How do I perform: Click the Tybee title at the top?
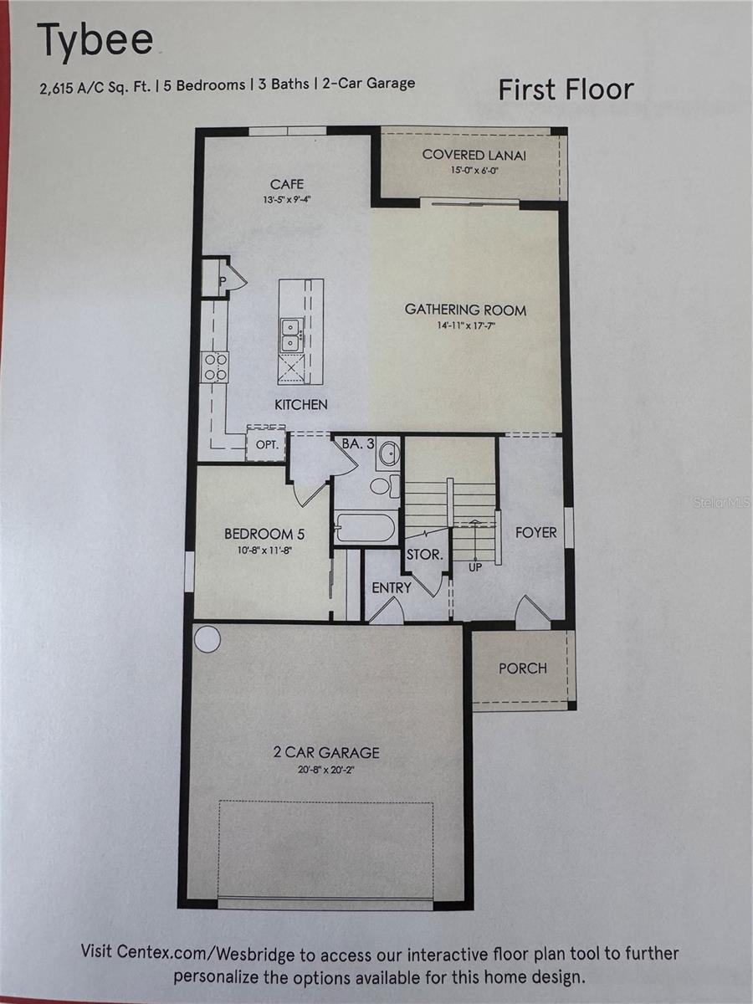click(x=95, y=43)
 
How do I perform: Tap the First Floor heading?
click(x=566, y=90)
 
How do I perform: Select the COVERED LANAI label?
click(x=474, y=155)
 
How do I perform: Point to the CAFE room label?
click(x=287, y=184)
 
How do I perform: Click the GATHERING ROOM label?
click(x=465, y=310)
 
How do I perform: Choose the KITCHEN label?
click(x=301, y=404)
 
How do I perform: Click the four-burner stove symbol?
click(x=215, y=367)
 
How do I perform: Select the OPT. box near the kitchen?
click(x=266, y=445)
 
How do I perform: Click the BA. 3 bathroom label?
click(x=358, y=443)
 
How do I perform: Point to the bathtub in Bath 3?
click(x=365, y=528)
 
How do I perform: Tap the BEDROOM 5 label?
click(x=259, y=534)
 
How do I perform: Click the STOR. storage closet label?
click(x=424, y=555)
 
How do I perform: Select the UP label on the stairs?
click(x=475, y=567)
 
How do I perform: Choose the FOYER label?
click(x=535, y=532)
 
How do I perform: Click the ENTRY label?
click(x=392, y=587)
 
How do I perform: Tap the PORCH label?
click(x=523, y=668)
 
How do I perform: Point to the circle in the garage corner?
click(x=208, y=640)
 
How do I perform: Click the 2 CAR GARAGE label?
click(x=326, y=752)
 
